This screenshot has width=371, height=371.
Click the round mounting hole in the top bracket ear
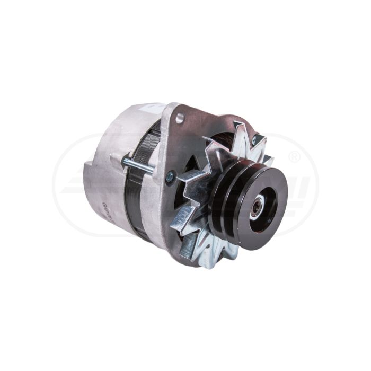coord(180,118)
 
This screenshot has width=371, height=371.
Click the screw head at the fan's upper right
coord(254,140)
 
